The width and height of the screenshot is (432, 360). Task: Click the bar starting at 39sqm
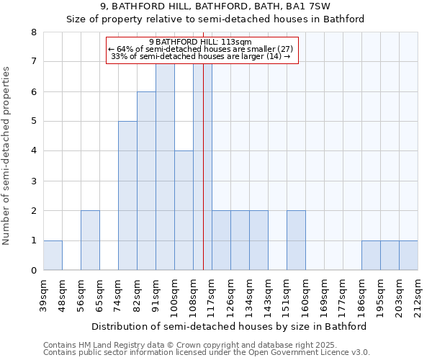click(x=53, y=255)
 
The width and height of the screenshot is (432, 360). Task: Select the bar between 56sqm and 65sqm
click(x=90, y=240)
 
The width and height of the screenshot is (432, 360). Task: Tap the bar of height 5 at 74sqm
click(x=127, y=196)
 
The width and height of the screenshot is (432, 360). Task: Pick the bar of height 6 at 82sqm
click(x=146, y=181)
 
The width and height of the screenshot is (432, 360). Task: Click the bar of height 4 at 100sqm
click(x=184, y=210)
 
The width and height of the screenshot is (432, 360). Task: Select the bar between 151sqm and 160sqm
click(x=296, y=240)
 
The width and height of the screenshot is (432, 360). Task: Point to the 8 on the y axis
click(x=33, y=32)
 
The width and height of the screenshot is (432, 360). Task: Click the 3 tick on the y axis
click(x=33, y=181)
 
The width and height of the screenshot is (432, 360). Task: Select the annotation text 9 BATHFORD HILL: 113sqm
click(x=201, y=42)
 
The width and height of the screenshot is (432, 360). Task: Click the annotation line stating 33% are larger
click(x=201, y=56)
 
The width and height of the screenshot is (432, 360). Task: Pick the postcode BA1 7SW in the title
click(x=310, y=6)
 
